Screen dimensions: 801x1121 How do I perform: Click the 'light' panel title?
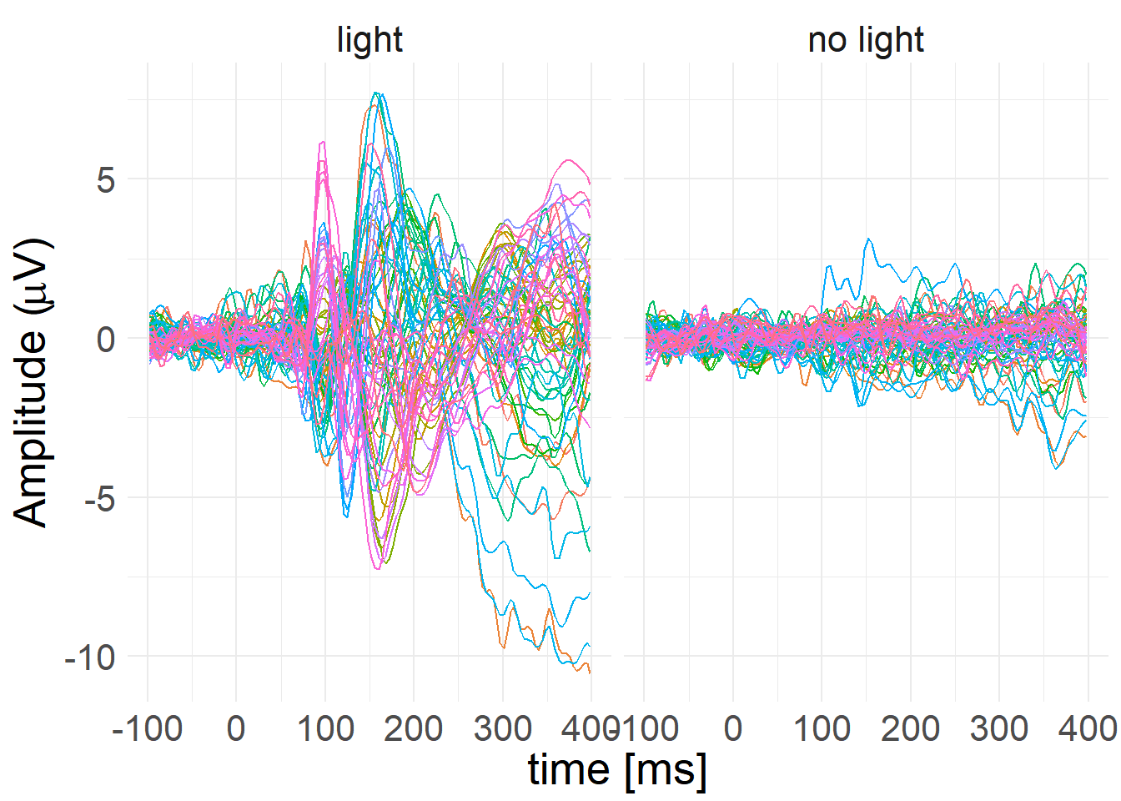coord(369,40)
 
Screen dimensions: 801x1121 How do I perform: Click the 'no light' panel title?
coord(866,40)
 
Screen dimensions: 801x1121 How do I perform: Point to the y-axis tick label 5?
coord(106,179)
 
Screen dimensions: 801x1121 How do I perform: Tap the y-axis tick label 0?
coord(106,339)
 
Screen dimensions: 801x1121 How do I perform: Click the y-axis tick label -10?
coord(90,657)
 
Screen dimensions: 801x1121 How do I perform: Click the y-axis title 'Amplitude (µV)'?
coord(33,383)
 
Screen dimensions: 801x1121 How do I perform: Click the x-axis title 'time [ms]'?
coord(617,769)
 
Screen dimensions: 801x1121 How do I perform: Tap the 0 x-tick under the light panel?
coord(236,729)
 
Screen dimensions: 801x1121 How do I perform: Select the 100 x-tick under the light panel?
coord(325,729)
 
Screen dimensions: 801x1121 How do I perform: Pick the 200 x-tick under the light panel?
coord(414,729)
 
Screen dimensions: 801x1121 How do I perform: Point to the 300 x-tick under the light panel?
coord(502,729)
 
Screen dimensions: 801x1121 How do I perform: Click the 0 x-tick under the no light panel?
coord(733,729)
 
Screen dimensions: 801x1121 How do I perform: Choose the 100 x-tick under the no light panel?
coord(822,729)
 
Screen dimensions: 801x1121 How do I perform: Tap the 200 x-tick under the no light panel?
coord(910,729)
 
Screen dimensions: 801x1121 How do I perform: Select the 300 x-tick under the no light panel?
coord(999,729)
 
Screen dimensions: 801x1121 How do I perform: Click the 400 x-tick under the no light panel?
coord(1088,729)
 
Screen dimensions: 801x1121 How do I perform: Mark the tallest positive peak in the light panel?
coord(378,93)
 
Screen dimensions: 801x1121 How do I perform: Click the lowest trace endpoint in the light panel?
coord(590,672)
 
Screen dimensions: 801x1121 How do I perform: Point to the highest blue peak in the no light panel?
coord(868,239)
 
